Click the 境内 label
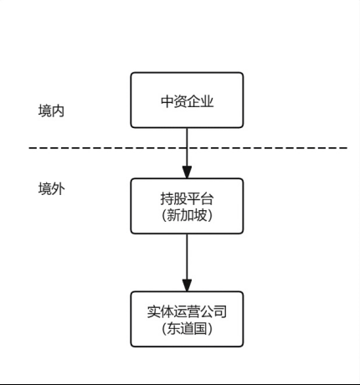click(51, 110)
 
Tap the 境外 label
click(51, 188)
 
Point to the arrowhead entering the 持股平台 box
click(187, 171)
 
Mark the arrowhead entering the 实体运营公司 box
click(187, 284)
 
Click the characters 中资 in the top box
click(173, 102)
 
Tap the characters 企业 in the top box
click(200, 102)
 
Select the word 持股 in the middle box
click(173, 199)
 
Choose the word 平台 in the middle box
click(200, 199)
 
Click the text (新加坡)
click(187, 215)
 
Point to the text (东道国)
click(187, 328)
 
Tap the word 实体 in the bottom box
click(160, 312)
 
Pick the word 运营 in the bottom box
click(187, 312)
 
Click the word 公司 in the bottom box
click(213, 312)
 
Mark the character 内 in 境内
click(58, 110)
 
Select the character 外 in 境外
click(58, 188)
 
